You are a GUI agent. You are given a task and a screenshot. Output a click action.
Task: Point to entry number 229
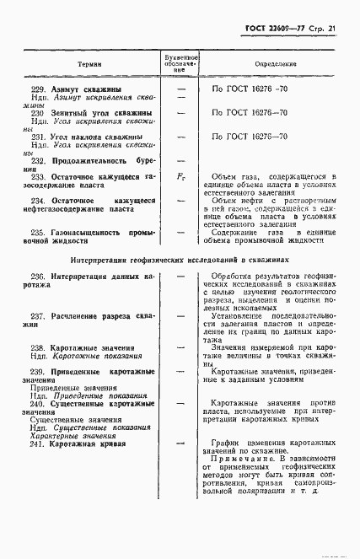pyautogui.click(x=38, y=89)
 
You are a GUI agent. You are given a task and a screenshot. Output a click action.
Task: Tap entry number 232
pyautogui.click(x=38, y=159)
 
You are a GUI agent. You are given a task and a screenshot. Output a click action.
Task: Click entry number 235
pyautogui.click(x=38, y=232)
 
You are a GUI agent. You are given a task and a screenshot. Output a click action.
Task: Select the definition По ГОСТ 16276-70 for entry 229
pyautogui.click(x=252, y=89)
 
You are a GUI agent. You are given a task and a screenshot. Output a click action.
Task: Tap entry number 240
pyautogui.click(x=38, y=404)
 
